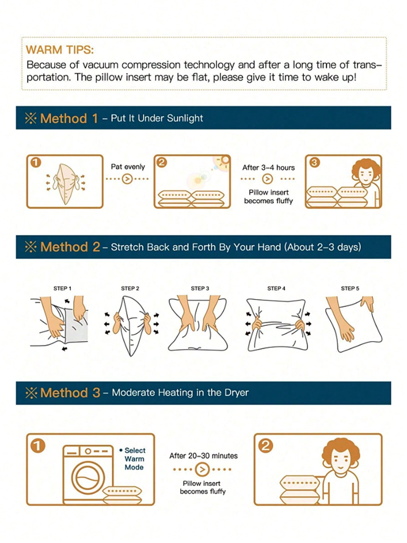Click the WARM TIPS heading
click(x=60, y=50)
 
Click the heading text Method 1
click(x=69, y=118)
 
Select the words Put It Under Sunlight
click(x=157, y=118)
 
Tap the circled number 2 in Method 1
click(x=162, y=162)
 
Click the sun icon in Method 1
click(x=224, y=160)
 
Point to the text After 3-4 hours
click(x=268, y=168)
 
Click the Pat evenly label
click(x=128, y=167)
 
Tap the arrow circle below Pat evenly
click(x=127, y=179)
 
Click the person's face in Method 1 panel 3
click(x=365, y=175)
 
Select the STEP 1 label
click(x=62, y=288)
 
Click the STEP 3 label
click(x=200, y=288)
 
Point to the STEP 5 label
click(x=350, y=288)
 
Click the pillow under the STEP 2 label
click(x=131, y=326)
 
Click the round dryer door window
click(x=88, y=479)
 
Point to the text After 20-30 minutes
click(x=203, y=456)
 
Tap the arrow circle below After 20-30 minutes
click(x=202, y=469)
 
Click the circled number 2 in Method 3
click(x=266, y=446)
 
